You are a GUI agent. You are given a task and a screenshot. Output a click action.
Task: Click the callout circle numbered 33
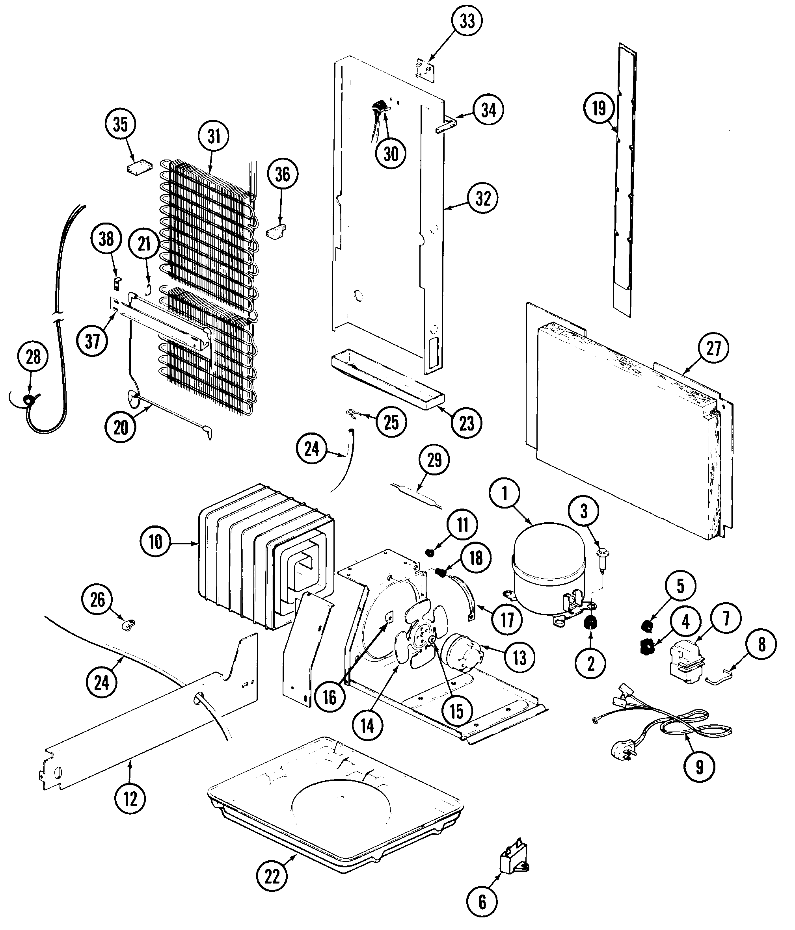pyautogui.click(x=467, y=21)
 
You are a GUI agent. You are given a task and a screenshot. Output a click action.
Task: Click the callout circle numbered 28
pyautogui.click(x=33, y=357)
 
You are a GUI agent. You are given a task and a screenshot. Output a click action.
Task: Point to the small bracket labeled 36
pyautogui.click(x=276, y=232)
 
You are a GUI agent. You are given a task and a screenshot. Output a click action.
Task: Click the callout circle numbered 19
pyautogui.click(x=599, y=108)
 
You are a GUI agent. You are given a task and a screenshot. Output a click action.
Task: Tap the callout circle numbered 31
pyautogui.click(x=214, y=136)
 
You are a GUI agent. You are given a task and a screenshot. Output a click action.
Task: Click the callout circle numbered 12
pyautogui.click(x=130, y=798)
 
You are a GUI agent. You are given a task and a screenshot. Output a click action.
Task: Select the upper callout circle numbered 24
pyautogui.click(x=311, y=448)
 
